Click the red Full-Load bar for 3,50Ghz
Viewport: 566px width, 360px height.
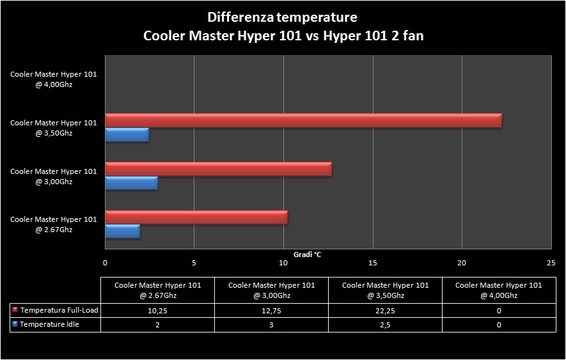(x=303, y=121)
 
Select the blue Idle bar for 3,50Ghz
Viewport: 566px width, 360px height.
(x=127, y=135)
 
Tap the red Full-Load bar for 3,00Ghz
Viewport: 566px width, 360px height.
(x=219, y=169)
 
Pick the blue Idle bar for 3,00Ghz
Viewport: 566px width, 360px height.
(x=131, y=184)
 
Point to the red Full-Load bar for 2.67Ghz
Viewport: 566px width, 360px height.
(x=196, y=217)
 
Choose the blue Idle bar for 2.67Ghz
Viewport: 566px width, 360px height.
(x=122, y=231)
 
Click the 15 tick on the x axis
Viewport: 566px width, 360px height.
(x=373, y=263)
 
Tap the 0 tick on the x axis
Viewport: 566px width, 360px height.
(x=106, y=263)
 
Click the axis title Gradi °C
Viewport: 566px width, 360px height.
(x=307, y=254)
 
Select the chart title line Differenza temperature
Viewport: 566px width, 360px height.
(x=282, y=17)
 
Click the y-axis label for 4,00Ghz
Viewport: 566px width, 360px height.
(x=54, y=79)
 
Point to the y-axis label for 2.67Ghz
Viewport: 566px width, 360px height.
(x=54, y=224)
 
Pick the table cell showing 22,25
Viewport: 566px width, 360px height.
(x=385, y=311)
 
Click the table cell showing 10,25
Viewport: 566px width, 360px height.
(x=157, y=311)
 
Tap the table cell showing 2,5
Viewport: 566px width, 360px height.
(x=385, y=325)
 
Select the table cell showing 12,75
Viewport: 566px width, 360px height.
(x=271, y=311)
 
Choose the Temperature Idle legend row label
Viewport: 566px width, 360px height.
(x=50, y=325)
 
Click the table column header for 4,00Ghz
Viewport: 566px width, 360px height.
(x=499, y=290)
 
